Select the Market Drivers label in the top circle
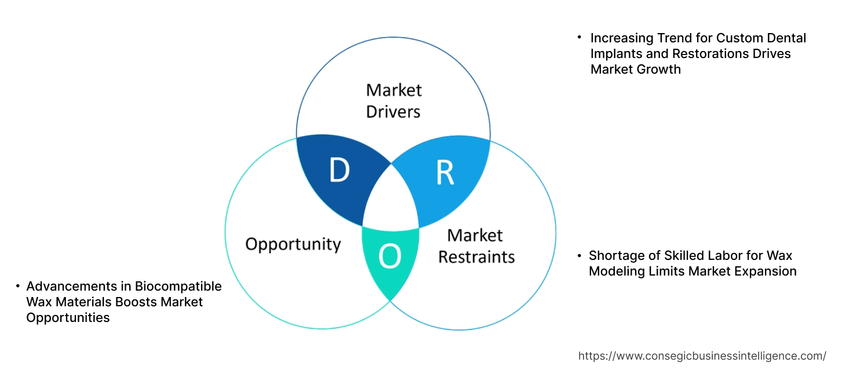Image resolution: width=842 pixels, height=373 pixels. point(393,100)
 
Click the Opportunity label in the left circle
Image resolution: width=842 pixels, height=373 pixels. point(293,244)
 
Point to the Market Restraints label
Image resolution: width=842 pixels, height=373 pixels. point(476,246)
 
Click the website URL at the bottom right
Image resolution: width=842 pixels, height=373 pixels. point(702,356)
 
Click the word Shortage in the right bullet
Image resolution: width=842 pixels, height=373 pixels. point(614,256)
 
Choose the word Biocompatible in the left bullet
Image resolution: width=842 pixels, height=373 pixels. point(178,287)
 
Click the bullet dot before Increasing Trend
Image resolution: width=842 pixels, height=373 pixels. point(579,38)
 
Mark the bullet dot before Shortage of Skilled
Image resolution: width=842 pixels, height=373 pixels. point(579,256)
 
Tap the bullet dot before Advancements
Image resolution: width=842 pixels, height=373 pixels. point(18,287)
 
